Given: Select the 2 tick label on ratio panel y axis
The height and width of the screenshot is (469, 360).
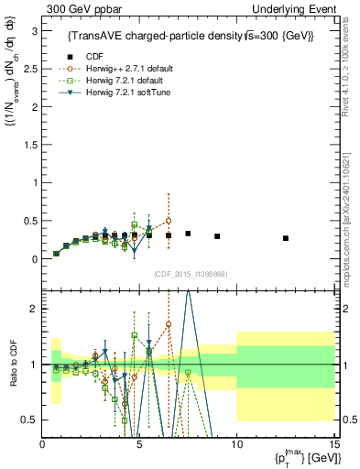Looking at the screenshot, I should click(33, 309).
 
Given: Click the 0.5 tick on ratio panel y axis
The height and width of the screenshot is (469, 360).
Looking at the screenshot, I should click(28, 420).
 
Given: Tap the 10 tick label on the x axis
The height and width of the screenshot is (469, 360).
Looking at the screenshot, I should click(235, 445).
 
